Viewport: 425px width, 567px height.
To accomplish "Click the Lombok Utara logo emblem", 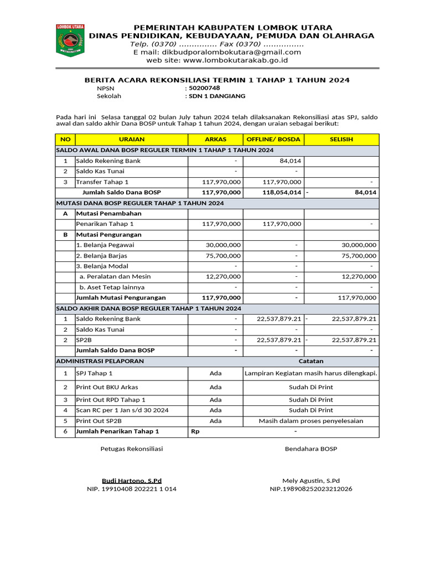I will coord(70,39).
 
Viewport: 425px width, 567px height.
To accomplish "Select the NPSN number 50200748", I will coord(204,88).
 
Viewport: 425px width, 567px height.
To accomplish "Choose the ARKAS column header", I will coord(216,139).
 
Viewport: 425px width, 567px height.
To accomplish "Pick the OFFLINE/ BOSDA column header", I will coord(273,139).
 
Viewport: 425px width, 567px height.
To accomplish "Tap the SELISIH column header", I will coord(341,139).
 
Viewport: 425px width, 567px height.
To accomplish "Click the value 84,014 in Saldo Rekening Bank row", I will coord(290,161).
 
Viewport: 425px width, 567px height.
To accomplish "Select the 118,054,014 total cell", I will coord(282,192).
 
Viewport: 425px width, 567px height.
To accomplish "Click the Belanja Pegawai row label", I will coord(105,245).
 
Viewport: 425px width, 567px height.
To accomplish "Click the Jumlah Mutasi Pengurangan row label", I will coord(117,297).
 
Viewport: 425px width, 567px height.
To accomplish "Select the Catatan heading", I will coord(311,361).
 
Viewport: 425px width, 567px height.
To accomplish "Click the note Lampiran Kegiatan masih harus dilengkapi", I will coord(311,373).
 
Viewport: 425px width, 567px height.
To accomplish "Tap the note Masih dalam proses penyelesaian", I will coord(311,421).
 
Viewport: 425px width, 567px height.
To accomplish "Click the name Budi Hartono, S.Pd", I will coord(132,481).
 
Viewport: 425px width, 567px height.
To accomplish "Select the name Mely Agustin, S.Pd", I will coord(311,481).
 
